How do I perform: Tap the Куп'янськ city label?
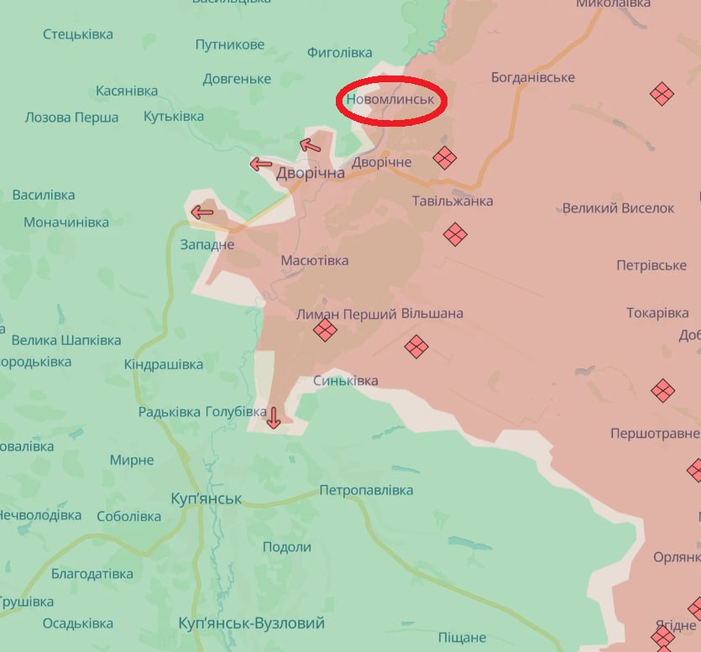[x=206, y=498]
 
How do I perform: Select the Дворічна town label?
[x=311, y=173]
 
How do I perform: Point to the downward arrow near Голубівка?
[x=273, y=416]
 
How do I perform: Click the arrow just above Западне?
[x=202, y=212]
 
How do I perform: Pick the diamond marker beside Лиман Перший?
[x=325, y=331]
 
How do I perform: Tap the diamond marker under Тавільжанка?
[x=455, y=234]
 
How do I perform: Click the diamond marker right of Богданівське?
[x=662, y=93]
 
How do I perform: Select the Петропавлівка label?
[x=366, y=490]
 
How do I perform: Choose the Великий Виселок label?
[x=619, y=208]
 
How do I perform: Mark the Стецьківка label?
[x=78, y=34]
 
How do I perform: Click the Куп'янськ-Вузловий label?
[x=252, y=623]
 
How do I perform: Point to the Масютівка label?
[x=315, y=261]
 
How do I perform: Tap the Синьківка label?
[x=345, y=381]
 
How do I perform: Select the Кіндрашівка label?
[x=164, y=365]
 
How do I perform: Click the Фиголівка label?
[x=339, y=53]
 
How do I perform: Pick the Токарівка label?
[x=657, y=313]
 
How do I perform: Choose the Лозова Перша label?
[x=71, y=117]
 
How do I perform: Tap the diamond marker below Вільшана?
[x=416, y=346]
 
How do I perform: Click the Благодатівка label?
[x=92, y=574]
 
